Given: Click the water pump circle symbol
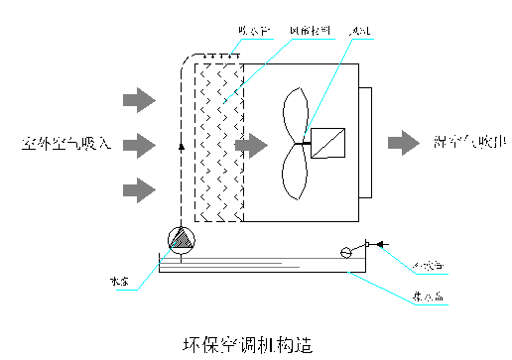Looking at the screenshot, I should pos(180,239).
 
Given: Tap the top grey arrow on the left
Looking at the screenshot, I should pos(138,99).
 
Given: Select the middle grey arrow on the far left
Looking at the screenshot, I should pos(138,144).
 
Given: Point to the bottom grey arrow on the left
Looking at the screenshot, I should pos(138,187).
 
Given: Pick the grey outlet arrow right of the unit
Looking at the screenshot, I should pos(403,143).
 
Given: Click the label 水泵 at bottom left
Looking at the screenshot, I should pos(119,281).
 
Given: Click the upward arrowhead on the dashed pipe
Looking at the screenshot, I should pos(180,145).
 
